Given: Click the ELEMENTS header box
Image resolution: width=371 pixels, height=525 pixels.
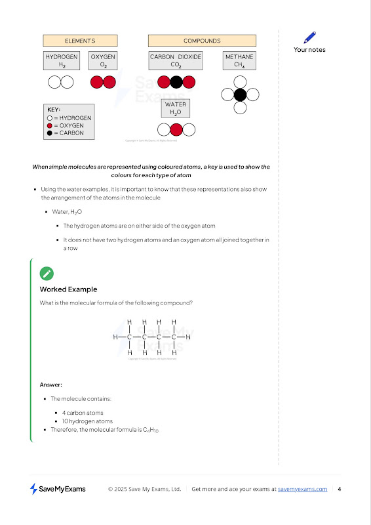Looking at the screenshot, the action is [x=80, y=41].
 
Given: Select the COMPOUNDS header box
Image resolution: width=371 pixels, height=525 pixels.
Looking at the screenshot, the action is [x=202, y=41].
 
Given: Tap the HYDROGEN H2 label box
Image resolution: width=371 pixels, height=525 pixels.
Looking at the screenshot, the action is [x=62, y=60].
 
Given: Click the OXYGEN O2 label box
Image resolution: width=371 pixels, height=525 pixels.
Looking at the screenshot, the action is [x=103, y=60].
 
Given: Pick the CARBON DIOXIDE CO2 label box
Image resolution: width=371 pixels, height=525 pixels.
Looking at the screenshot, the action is [x=176, y=60].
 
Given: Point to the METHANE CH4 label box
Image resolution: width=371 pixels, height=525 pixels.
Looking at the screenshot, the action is [x=239, y=60].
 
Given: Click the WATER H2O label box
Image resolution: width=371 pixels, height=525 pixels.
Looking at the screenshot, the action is [x=176, y=108].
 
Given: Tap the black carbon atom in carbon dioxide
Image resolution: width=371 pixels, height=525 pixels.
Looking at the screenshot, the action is [x=176, y=82].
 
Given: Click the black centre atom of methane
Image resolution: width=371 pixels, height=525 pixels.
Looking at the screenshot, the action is [x=240, y=94].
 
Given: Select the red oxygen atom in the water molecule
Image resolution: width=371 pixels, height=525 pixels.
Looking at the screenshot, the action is [x=176, y=130].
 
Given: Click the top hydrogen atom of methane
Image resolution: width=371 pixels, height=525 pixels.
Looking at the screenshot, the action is [x=240, y=82].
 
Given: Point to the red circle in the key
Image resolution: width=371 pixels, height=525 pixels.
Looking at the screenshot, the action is [x=50, y=125].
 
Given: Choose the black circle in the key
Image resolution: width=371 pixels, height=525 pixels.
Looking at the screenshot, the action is [x=50, y=133].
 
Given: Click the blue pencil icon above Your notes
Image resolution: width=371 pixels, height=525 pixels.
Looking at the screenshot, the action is [x=310, y=37].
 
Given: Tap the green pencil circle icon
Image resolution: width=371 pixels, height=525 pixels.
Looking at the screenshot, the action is [x=47, y=274].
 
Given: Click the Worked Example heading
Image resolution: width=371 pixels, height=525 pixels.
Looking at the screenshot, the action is [x=69, y=289].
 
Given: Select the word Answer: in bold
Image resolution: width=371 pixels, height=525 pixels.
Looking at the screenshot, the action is [x=51, y=385].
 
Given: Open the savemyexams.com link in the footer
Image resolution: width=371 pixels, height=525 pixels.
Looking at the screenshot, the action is [x=302, y=489].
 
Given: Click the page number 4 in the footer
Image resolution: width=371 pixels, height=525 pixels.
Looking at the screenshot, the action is [x=340, y=489].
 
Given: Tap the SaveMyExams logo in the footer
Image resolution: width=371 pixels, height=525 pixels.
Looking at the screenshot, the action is [x=58, y=489].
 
